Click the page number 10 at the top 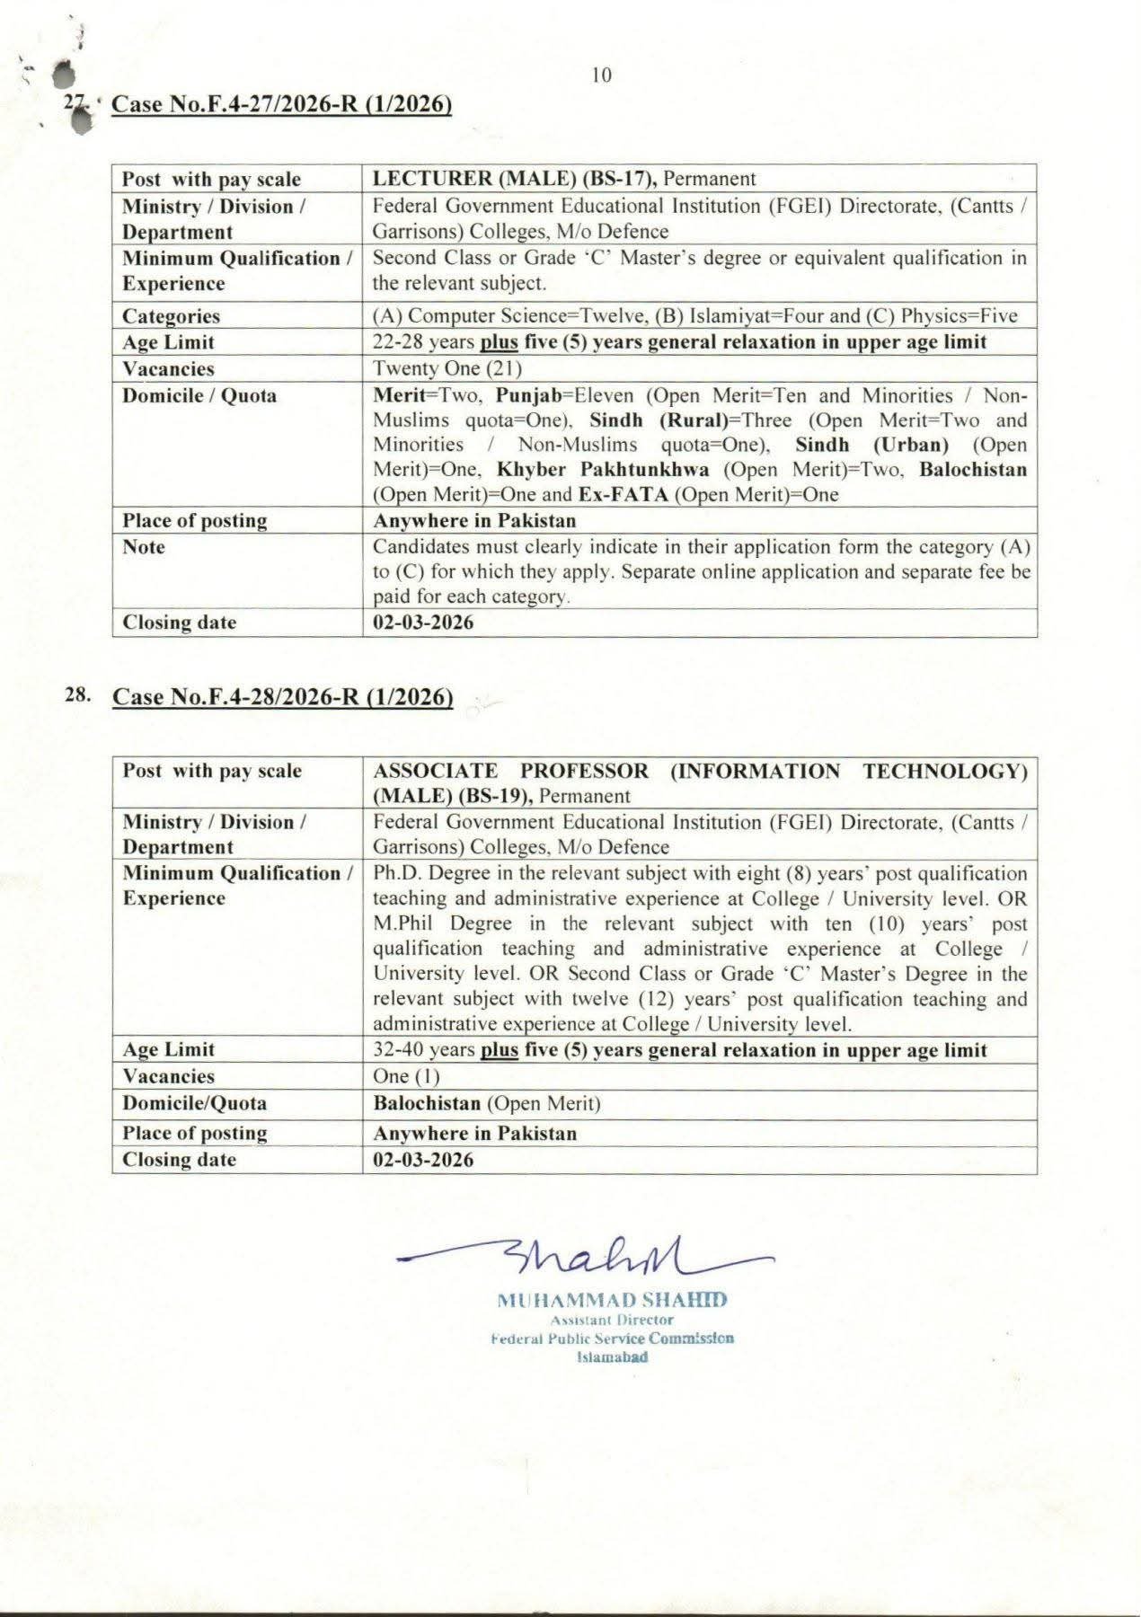(602, 75)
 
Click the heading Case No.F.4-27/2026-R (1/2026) (280, 104)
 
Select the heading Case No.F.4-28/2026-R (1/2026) (282, 697)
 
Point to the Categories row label (171, 316)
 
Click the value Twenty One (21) (447, 368)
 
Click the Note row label (144, 547)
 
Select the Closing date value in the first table (423, 623)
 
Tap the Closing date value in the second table (423, 1160)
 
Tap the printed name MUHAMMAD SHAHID (611, 1300)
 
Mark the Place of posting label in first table (195, 521)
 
